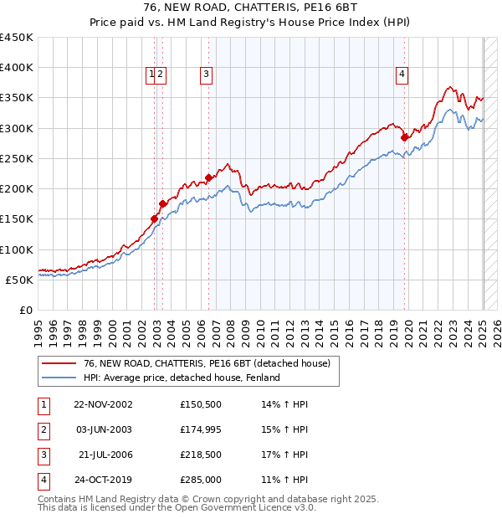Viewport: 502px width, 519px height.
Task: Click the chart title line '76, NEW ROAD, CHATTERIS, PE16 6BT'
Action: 250,8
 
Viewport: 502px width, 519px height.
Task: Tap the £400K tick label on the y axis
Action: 17,68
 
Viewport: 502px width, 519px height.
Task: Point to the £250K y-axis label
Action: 17,158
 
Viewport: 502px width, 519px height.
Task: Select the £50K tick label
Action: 20,280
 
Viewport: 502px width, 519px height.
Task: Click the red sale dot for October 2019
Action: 404,137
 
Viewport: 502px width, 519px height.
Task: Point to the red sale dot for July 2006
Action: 209,177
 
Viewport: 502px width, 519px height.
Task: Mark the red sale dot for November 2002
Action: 155,218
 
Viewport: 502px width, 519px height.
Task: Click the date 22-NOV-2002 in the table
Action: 103,403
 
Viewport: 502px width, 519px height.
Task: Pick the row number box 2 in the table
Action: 44,429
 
